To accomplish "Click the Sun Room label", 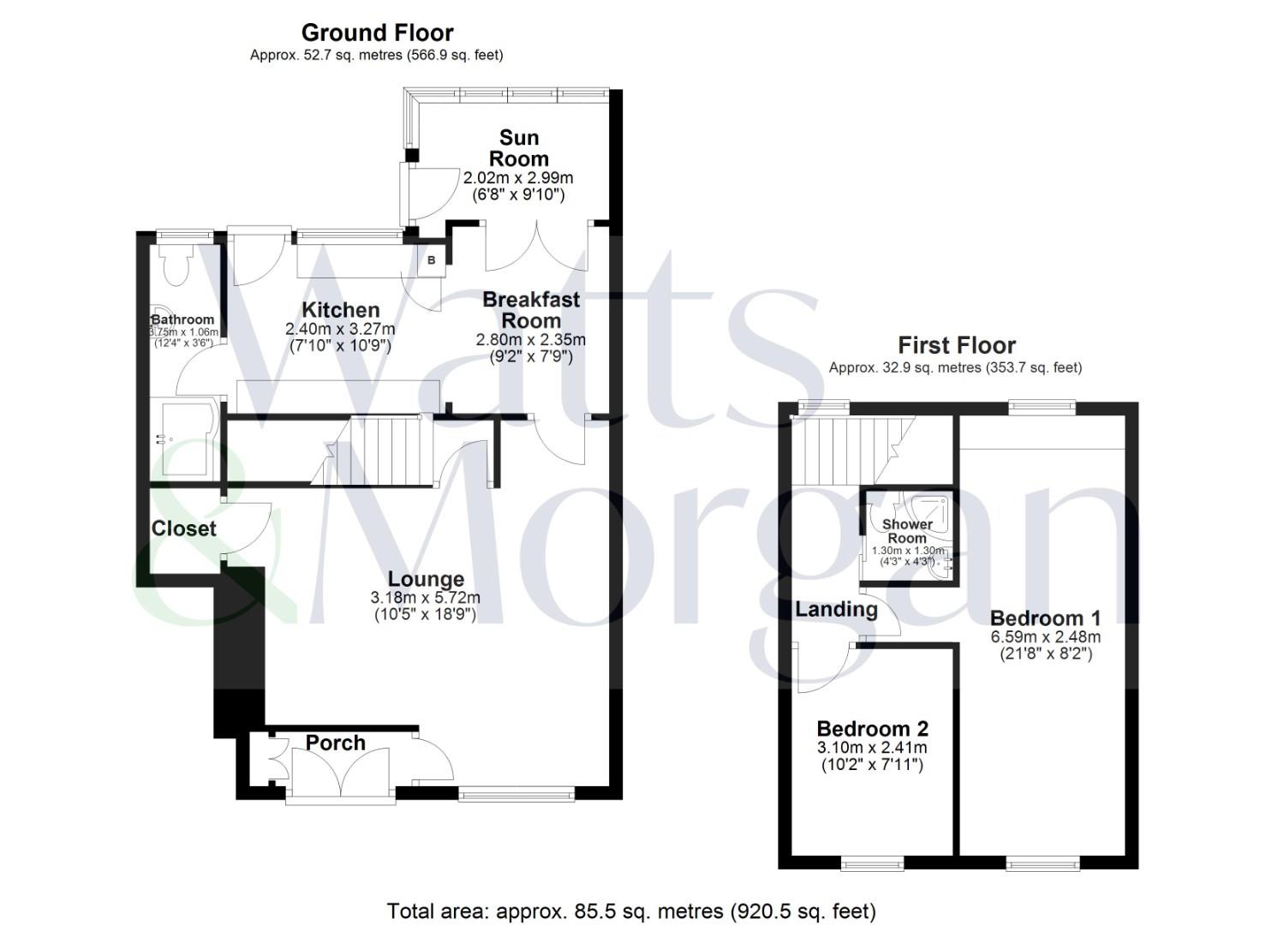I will (x=518, y=148).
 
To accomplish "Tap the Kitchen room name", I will (x=340, y=310).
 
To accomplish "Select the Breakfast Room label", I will (x=531, y=310).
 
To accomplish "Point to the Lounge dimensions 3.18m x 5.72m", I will (x=425, y=598).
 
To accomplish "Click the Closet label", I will (x=183, y=528).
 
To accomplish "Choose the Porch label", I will (x=335, y=743).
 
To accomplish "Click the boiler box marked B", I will (x=431, y=260).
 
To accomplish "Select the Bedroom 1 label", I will (x=1045, y=618).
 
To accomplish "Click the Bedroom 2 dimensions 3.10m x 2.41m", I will (x=872, y=749).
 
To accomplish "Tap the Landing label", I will (x=836, y=609).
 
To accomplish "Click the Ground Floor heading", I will (x=377, y=33).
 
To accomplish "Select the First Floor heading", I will (x=956, y=345).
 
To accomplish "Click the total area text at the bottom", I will (x=631, y=910).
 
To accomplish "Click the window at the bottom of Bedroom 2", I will (x=872, y=863).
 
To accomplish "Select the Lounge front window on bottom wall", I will (x=517, y=795).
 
